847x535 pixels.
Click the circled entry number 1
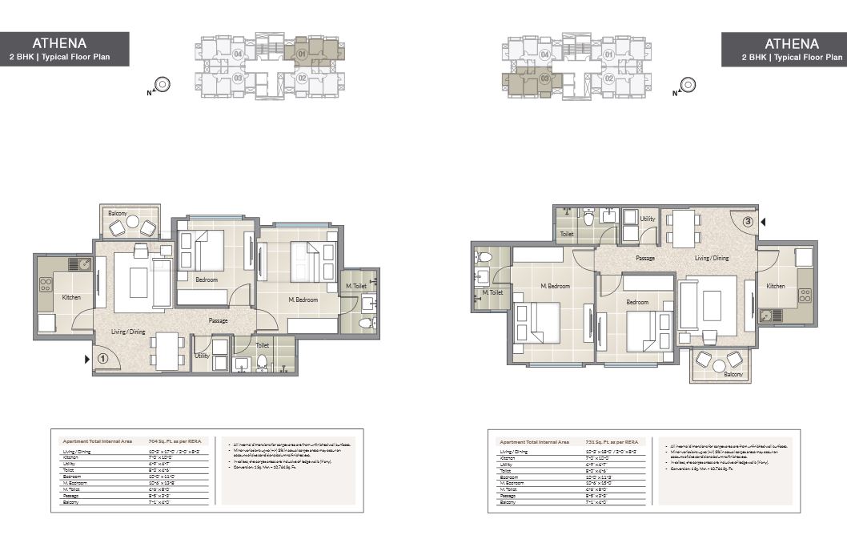[x=102, y=360]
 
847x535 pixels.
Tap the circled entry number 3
[x=748, y=222]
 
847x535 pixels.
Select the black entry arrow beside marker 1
[x=87, y=360]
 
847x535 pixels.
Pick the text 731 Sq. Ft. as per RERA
[x=612, y=441]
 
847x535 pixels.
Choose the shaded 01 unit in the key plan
[x=303, y=54]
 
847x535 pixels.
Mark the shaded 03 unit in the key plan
[x=545, y=78]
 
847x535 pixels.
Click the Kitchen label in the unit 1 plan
[x=72, y=298]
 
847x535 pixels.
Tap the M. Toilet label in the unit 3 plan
[x=492, y=293]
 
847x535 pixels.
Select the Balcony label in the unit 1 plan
[x=118, y=213]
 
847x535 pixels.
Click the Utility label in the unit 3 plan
[x=647, y=219]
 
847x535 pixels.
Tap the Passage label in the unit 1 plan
[x=219, y=320]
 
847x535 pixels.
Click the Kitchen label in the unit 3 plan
[x=776, y=286]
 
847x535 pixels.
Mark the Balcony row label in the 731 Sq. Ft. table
[x=506, y=502]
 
